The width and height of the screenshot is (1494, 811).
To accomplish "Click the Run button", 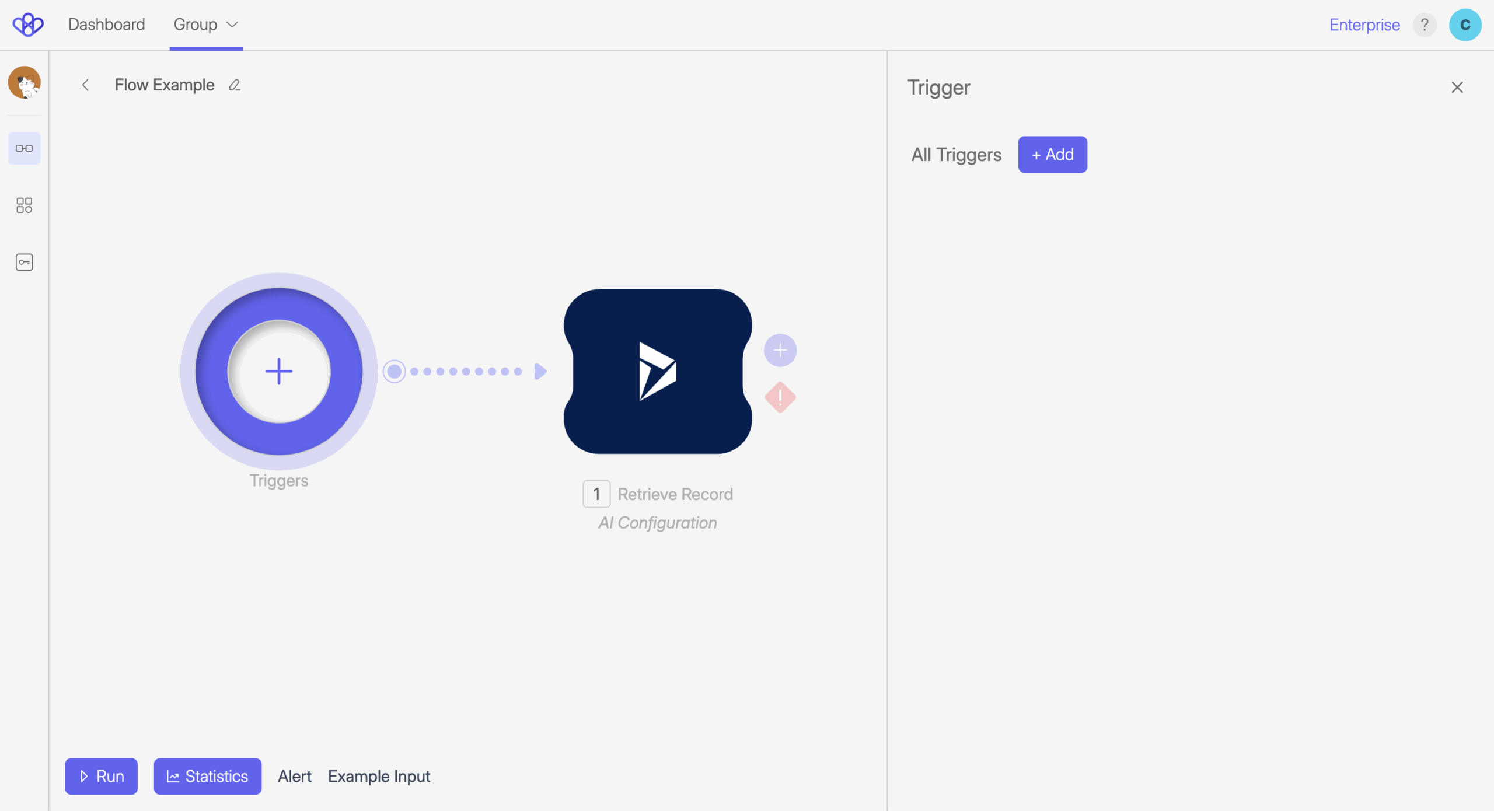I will (101, 776).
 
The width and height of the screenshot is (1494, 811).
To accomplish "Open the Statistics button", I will (207, 776).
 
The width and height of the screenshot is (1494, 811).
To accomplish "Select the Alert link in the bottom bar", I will (294, 776).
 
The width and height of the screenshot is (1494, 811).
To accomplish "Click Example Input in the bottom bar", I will (379, 776).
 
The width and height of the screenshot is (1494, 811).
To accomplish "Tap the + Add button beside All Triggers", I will (1052, 155).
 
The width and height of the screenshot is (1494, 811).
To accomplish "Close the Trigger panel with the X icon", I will (1457, 88).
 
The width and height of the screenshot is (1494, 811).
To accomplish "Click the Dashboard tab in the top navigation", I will (106, 25).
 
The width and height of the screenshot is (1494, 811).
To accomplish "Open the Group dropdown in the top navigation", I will (205, 25).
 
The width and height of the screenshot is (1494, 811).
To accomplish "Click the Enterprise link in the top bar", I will (1364, 25).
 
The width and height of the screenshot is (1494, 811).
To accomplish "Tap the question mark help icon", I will (1424, 25).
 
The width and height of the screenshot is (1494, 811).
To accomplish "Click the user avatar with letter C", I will (1465, 25).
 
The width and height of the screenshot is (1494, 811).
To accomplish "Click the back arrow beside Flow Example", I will (85, 85).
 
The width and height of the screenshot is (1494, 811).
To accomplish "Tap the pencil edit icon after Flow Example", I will (235, 85).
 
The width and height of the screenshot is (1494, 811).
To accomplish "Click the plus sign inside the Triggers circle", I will (279, 372).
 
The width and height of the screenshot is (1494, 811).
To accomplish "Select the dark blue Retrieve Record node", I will (657, 372).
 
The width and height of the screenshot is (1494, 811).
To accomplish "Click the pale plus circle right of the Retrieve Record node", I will (780, 351).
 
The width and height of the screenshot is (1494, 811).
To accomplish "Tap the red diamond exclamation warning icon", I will (780, 397).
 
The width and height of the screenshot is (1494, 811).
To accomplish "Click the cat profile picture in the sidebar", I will (25, 82).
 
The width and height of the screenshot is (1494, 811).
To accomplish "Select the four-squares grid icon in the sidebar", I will (25, 205).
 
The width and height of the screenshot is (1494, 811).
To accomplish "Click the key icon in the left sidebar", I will (25, 262).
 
